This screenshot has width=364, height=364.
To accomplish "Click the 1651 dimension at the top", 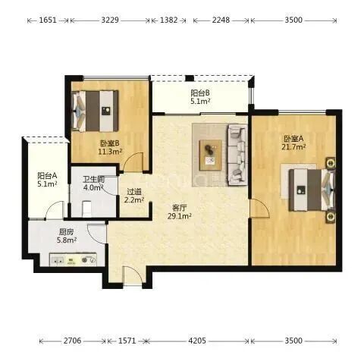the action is [48, 20].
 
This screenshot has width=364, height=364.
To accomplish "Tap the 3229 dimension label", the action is [110, 20].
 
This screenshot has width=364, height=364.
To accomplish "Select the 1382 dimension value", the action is [169, 20].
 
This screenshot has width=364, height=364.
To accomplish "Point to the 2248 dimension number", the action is [221, 20].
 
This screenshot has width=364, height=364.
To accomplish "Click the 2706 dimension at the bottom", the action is [72, 340].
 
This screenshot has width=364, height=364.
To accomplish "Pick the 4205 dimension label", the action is [197, 340].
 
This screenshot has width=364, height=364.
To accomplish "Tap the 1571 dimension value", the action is [127, 340].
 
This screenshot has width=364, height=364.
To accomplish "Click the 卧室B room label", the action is [110, 143].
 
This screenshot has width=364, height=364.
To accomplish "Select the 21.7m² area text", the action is [294, 147].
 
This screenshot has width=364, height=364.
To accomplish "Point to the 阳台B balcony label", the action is [200, 93].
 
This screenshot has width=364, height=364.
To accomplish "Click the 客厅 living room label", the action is [179, 208].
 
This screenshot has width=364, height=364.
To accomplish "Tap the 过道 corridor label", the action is [134, 192].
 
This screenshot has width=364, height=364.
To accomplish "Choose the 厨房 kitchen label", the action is [67, 232].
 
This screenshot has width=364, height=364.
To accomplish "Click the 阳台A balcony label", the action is [47, 175].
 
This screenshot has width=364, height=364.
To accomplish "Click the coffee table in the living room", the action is [211, 155].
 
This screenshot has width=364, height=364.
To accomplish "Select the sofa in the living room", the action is [238, 155].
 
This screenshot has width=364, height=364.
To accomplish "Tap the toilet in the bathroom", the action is [86, 209].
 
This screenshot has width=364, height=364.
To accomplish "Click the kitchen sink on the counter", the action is [58, 260].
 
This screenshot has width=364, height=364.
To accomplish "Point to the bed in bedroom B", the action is [96, 111].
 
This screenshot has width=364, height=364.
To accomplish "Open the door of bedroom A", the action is [259, 209].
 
